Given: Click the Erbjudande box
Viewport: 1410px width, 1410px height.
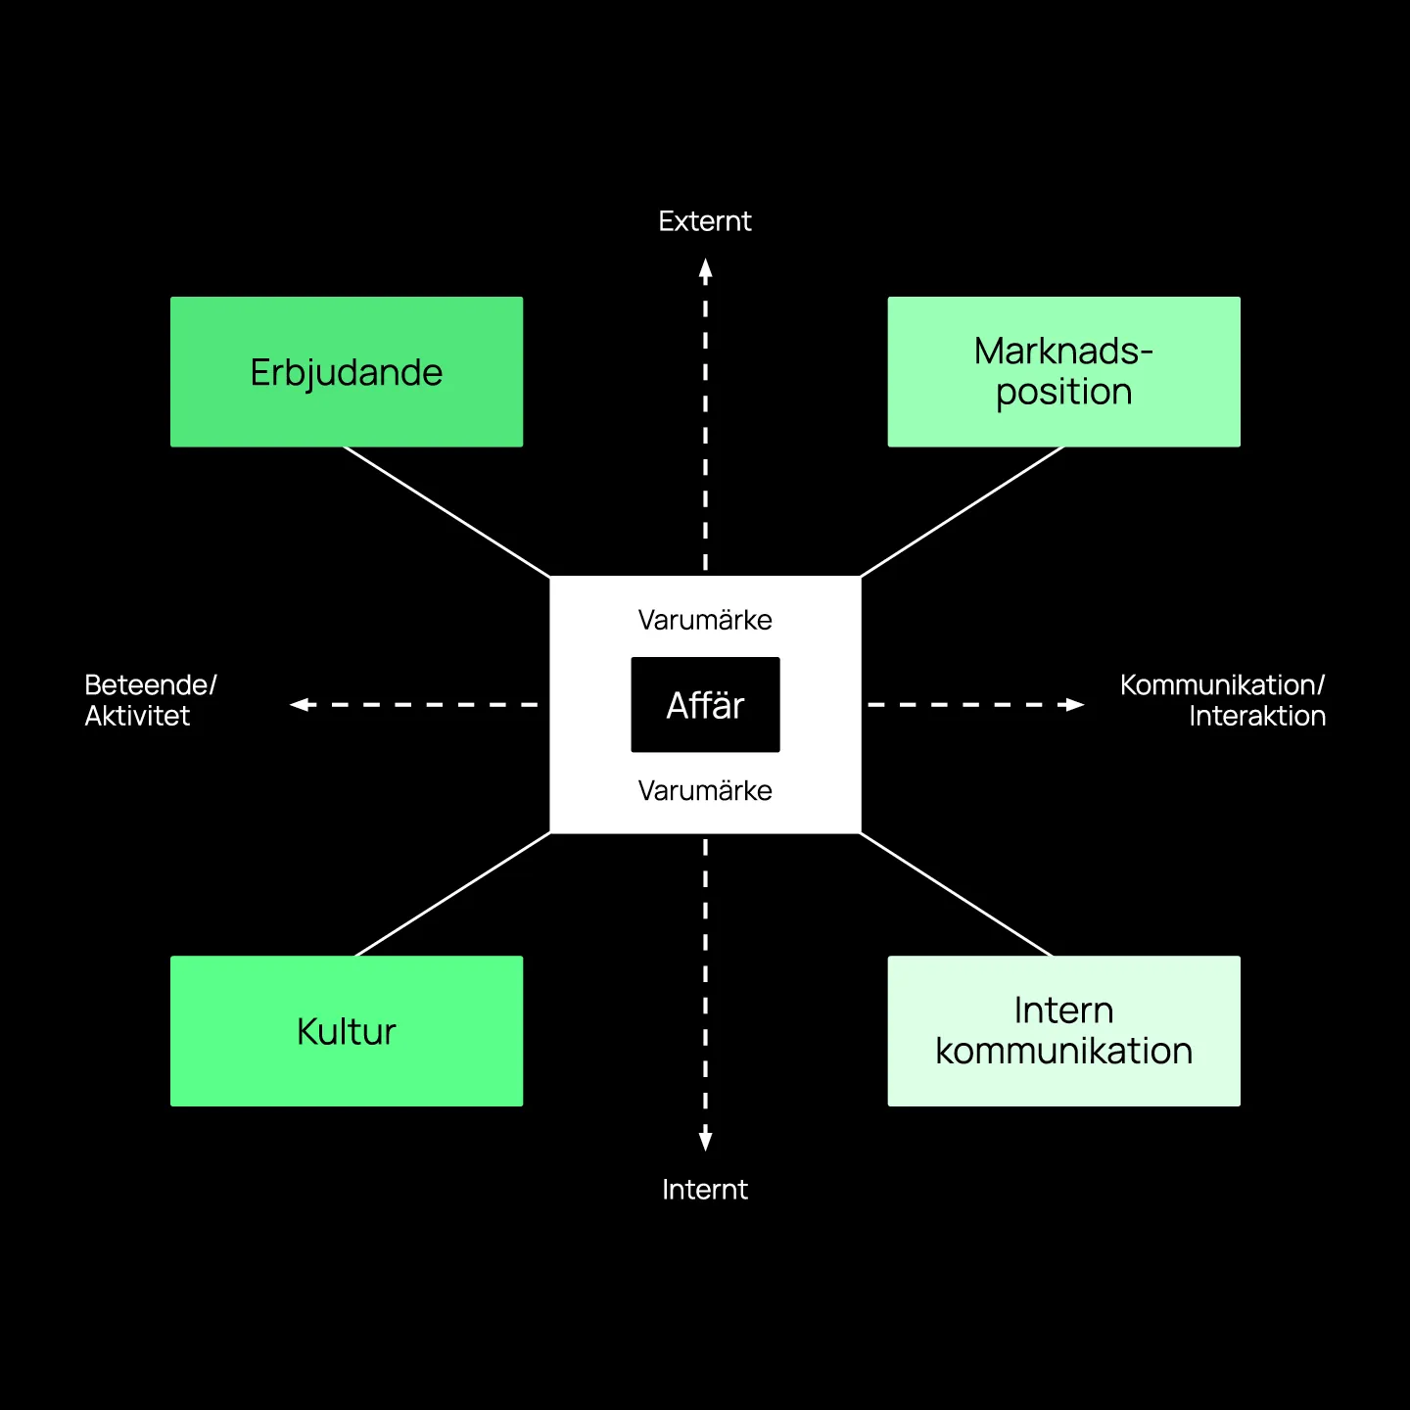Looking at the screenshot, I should (347, 372).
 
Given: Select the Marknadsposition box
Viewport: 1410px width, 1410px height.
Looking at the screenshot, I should (1063, 372).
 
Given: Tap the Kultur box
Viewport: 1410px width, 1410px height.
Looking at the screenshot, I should (347, 1031).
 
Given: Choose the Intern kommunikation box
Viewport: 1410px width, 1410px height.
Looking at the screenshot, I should (1063, 1031).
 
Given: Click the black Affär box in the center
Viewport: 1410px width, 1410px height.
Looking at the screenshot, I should (705, 705).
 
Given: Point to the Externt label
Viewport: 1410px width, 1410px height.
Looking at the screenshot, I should (705, 221).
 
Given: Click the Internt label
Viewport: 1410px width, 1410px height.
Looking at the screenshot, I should (705, 1190).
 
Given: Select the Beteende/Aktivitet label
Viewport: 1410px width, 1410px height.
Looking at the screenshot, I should (151, 700).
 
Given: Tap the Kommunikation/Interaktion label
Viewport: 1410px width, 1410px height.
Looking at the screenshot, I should (1223, 700).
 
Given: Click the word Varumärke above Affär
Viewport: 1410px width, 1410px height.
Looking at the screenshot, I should (705, 620).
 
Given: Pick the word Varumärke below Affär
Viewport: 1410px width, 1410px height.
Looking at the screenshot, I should (705, 790).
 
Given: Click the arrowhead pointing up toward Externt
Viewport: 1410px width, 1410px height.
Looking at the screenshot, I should (705, 269).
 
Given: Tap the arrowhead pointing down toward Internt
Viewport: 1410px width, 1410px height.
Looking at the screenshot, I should (705, 1141).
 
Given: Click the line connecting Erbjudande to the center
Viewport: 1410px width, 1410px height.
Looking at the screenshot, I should (446, 511).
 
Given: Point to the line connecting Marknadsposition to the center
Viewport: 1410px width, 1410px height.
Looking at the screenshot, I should (963, 511).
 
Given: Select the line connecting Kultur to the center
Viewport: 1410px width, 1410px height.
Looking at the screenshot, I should (452, 894).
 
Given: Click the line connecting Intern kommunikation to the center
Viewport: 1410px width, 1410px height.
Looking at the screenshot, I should (957, 894).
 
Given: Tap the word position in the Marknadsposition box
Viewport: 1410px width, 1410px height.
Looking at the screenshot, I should (1063, 393).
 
